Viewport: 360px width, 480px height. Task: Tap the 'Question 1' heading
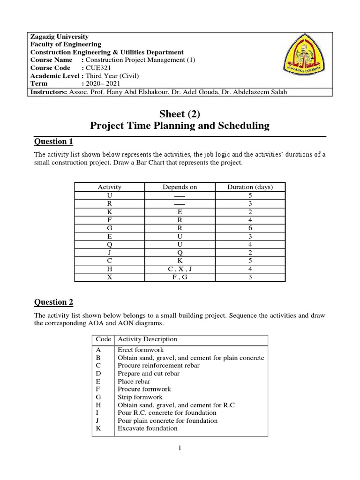click(x=54, y=142)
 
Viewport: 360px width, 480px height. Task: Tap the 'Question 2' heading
click(x=54, y=302)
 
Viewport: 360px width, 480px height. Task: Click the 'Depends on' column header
click(x=180, y=187)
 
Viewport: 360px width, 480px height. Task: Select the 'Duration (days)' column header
click(x=250, y=187)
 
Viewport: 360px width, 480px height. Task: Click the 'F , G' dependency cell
click(x=180, y=277)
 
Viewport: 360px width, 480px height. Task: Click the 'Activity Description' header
click(x=148, y=339)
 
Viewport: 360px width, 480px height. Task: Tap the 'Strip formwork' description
click(x=139, y=397)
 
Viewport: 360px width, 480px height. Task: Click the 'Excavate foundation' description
click(x=148, y=428)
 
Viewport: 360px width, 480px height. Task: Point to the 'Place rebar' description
click(x=134, y=381)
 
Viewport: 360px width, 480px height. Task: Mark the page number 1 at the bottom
click(x=180, y=449)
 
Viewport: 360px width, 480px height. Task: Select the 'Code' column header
click(x=103, y=339)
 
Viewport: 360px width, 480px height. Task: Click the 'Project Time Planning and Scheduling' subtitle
click(x=180, y=126)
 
